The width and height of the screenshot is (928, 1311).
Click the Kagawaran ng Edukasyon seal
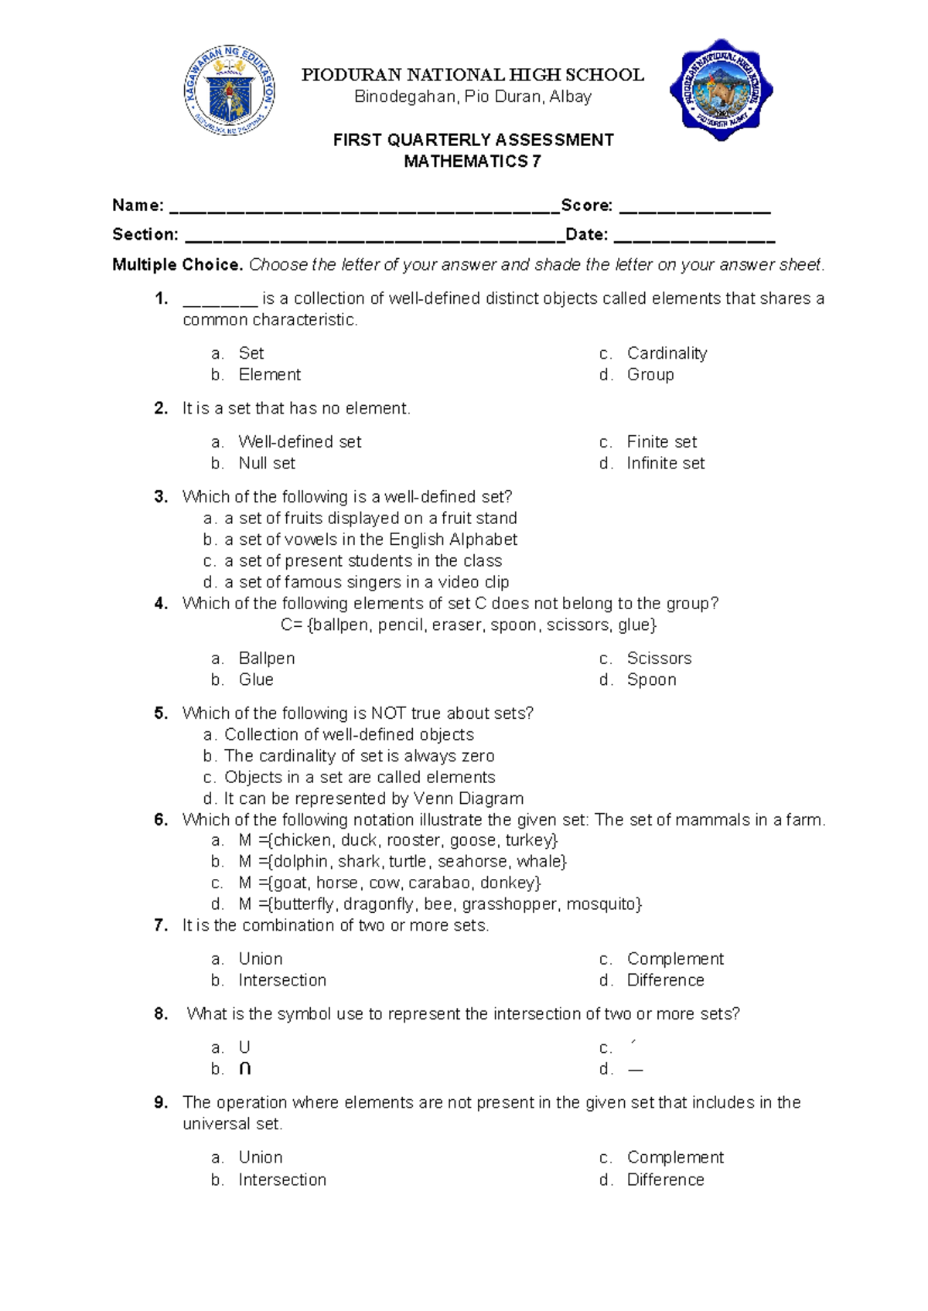click(x=230, y=90)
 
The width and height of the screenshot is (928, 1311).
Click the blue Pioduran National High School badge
click(x=721, y=90)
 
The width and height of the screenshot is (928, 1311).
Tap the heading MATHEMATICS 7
click(x=473, y=162)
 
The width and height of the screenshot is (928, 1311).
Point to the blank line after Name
click(x=363, y=209)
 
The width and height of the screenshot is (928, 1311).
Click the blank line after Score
click(x=695, y=209)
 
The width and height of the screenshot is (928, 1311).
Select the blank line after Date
click(x=694, y=238)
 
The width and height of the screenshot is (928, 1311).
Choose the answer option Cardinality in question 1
click(x=667, y=353)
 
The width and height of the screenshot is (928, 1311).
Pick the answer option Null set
click(x=267, y=463)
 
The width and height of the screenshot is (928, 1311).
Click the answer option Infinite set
click(x=665, y=463)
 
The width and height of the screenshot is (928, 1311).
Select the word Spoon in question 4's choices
click(x=651, y=679)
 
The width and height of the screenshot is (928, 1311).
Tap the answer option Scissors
click(x=659, y=658)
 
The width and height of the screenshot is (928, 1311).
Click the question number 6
click(x=161, y=819)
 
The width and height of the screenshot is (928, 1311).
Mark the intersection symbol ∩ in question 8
click(x=245, y=1069)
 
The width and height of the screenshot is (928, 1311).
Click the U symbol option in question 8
click(x=244, y=1047)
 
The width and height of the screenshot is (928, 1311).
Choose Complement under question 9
click(x=675, y=1157)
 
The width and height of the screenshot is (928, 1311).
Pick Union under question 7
click(x=261, y=959)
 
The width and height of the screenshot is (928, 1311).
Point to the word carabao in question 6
click(x=439, y=883)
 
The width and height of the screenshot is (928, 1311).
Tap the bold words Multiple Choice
click(x=177, y=265)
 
